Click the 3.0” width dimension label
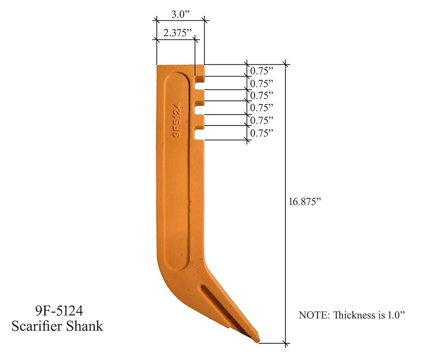pyautogui.click(x=179, y=14)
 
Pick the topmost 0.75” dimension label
pyautogui.click(x=261, y=71)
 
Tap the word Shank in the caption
pyautogui.click(x=87, y=326)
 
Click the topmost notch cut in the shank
pyautogui.click(x=200, y=77)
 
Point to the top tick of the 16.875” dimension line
pyautogui.click(x=287, y=64)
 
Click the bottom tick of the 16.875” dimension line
pyautogui.click(x=287, y=344)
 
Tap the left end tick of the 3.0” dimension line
pyautogui.click(x=156, y=20)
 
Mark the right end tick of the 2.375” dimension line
pyautogui.click(x=196, y=39)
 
